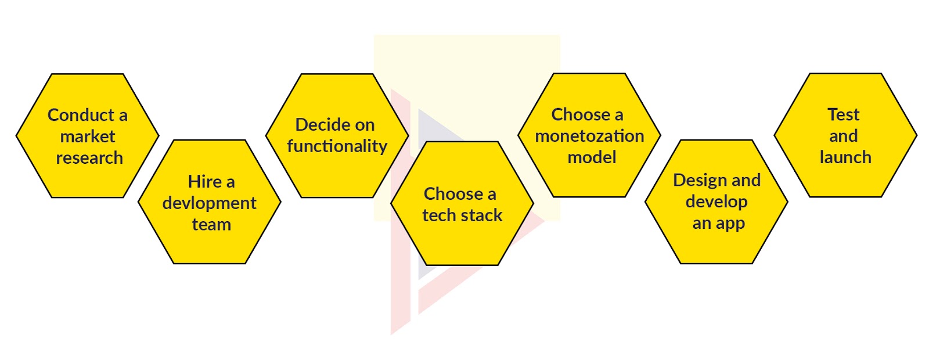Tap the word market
tap(88, 136)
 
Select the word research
tap(89, 158)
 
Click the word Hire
tap(201, 182)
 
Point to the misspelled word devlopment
tap(210, 203)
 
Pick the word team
tap(211, 225)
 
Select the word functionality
tap(337, 146)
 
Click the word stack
tap(482, 215)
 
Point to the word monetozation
tap(589, 136)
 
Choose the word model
tap(592, 157)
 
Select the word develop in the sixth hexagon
tap(716, 202)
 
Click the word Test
tap(844, 114)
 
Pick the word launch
tap(845, 157)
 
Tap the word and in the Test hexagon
tap(844, 136)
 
